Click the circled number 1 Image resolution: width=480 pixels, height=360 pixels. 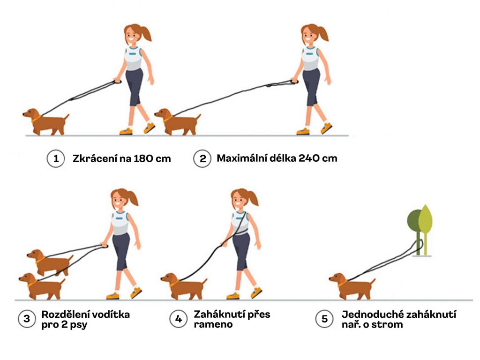point(56,158)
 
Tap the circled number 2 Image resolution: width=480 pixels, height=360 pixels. point(202,158)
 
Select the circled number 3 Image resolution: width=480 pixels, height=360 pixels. point(27,319)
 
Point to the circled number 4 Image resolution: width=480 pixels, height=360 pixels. point(179,319)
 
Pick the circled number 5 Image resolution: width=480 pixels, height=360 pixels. point(324,319)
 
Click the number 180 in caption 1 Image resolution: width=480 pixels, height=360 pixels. point(143,158)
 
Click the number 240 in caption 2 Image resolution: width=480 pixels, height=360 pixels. point(309,158)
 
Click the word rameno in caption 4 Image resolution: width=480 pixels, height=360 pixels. point(213,324)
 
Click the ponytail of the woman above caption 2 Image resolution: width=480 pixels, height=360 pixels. point(322,34)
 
